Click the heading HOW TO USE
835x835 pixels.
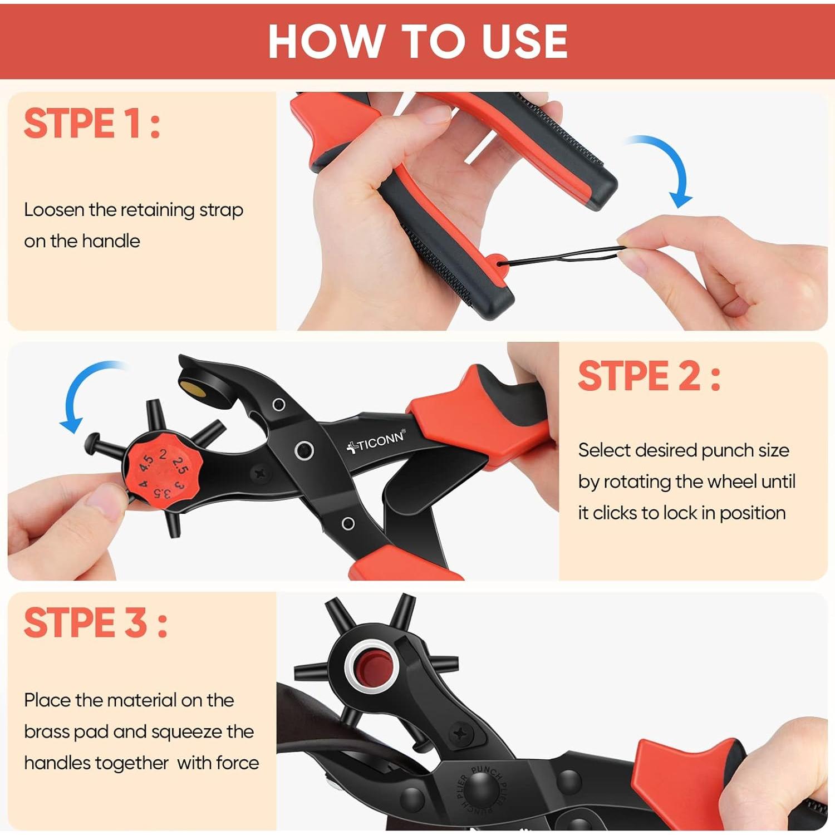[417, 41]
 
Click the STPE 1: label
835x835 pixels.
[92, 123]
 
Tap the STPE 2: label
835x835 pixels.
[650, 376]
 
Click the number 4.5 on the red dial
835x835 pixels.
[146, 462]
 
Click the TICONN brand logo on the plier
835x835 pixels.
[376, 441]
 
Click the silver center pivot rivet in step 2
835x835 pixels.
[304, 450]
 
